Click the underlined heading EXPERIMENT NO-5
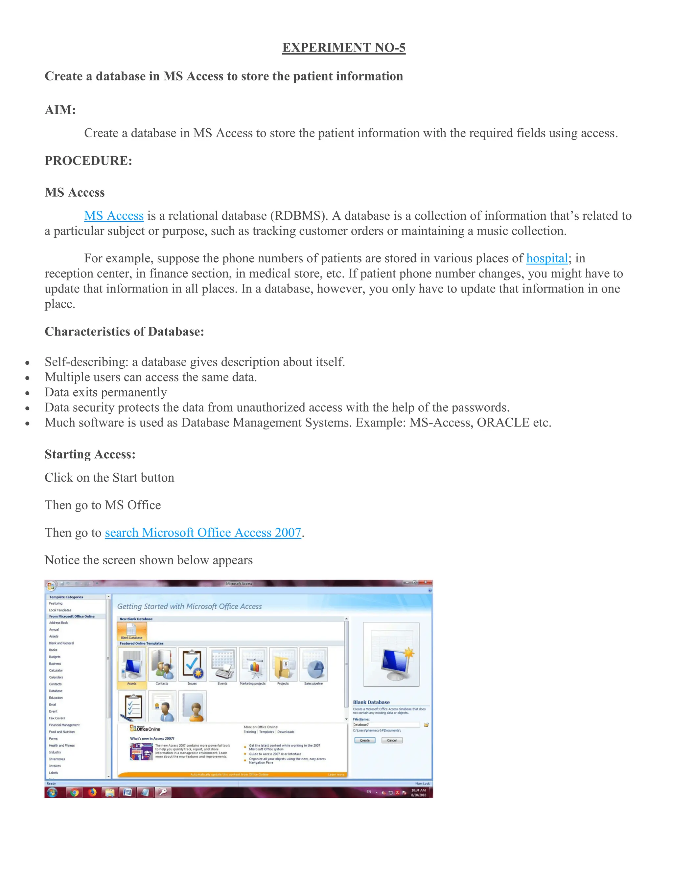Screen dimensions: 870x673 click(344, 48)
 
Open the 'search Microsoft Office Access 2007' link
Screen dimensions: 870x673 click(203, 533)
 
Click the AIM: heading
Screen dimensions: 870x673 click(60, 110)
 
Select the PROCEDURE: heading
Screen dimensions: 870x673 click(88, 161)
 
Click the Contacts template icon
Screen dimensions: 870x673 click(162, 665)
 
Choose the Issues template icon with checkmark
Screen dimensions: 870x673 click(192, 665)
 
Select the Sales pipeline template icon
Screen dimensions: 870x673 click(313, 665)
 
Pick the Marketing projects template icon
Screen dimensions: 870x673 click(253, 665)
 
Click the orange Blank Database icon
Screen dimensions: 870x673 click(131, 631)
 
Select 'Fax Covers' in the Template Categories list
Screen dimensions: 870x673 click(57, 718)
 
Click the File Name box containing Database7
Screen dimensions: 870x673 click(386, 725)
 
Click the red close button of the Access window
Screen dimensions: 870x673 click(426, 582)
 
